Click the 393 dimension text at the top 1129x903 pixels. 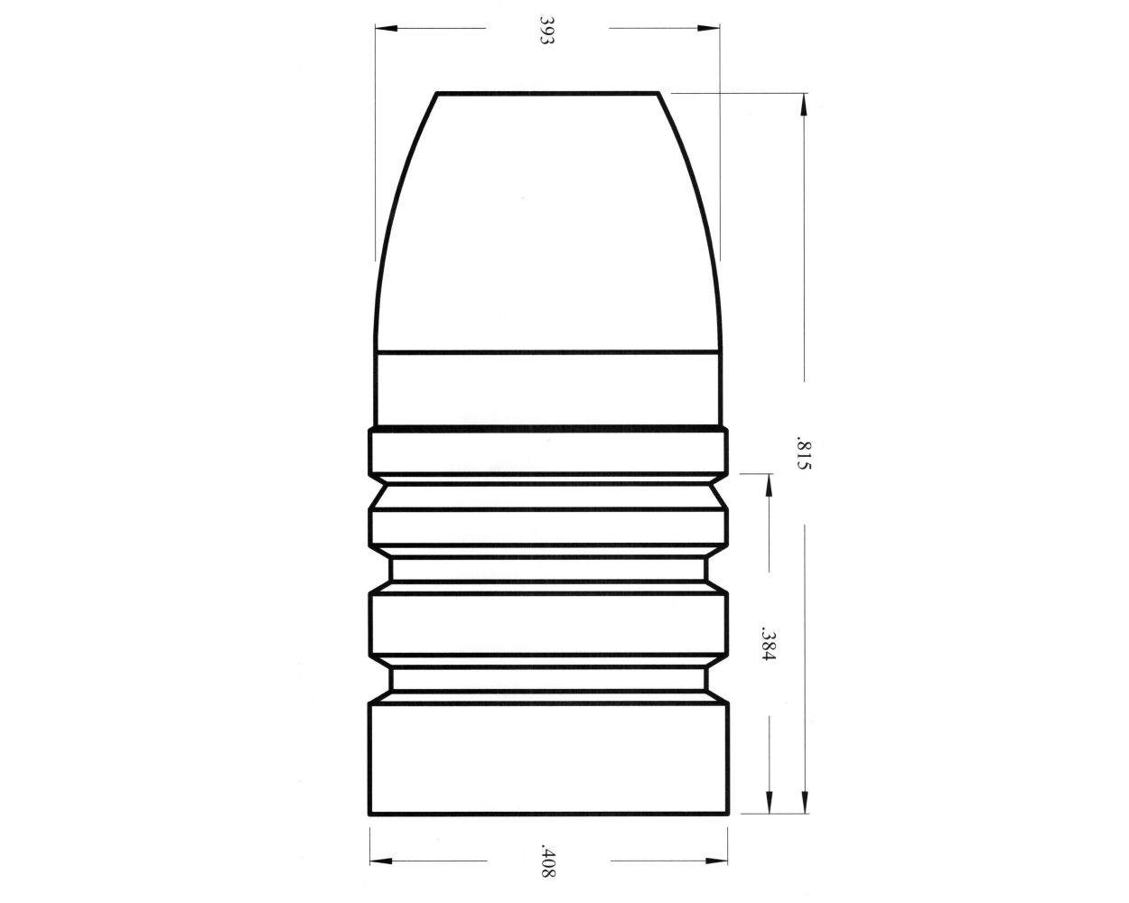coord(546,30)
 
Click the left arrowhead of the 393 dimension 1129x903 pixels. coord(385,28)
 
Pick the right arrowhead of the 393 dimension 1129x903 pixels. coord(712,28)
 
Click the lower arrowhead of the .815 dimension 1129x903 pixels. coord(803,805)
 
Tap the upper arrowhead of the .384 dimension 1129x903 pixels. coord(769,483)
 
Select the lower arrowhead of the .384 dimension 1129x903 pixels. coord(769,805)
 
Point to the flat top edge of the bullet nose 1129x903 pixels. coord(547,93)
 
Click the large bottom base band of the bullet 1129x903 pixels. coord(548,759)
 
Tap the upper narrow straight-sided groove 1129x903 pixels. coord(548,568)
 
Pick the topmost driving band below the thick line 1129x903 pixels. coord(548,451)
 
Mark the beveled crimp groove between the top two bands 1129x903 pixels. coord(548,492)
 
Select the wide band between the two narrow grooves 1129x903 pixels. coord(548,623)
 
